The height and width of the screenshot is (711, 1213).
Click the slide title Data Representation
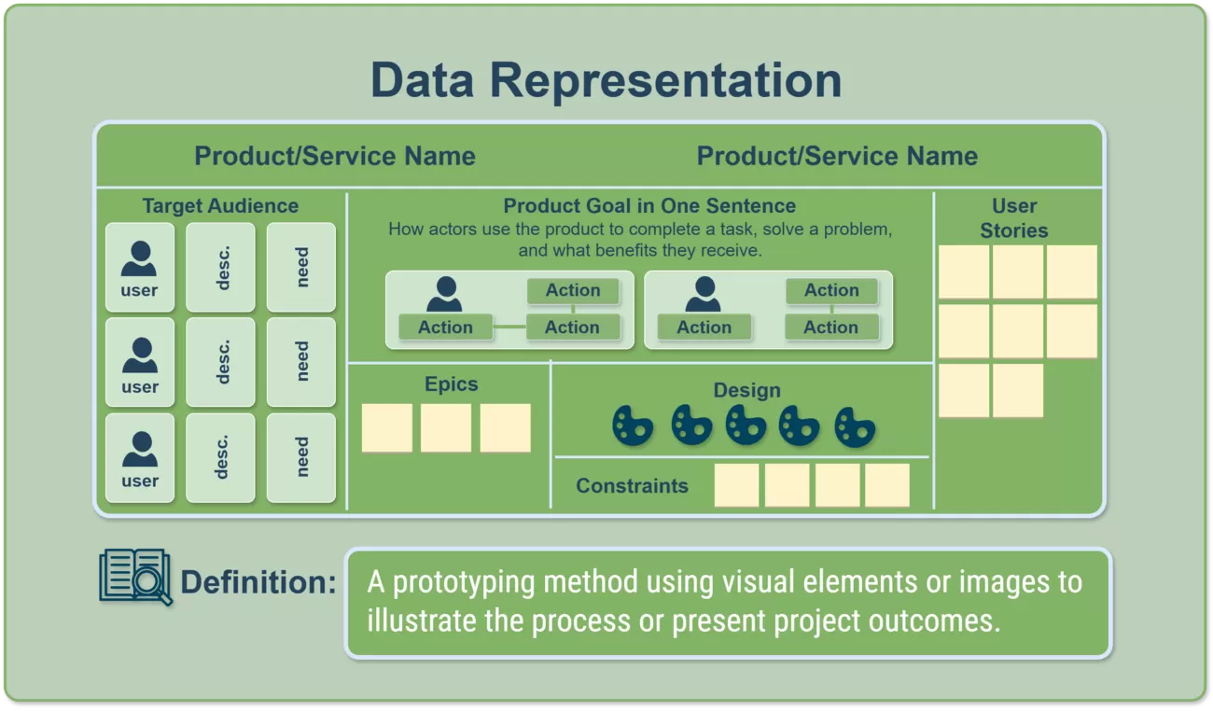(606, 80)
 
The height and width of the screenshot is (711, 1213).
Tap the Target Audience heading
(220, 206)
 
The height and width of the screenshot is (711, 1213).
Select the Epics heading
(451, 384)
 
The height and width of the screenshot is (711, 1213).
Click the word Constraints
(632, 485)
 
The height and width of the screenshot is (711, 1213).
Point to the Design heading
(746, 390)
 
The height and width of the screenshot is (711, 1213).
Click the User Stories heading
(1014, 218)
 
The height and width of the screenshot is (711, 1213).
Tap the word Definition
(258, 583)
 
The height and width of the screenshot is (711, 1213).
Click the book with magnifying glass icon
(135, 577)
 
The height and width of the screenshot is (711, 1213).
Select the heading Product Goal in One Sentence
(649, 206)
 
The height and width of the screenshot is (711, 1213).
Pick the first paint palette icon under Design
(634, 425)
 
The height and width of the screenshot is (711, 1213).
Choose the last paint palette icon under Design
(854, 426)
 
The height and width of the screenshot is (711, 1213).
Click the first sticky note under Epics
(386, 428)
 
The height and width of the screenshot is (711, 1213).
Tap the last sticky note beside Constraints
(886, 485)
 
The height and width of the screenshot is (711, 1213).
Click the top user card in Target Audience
(139, 267)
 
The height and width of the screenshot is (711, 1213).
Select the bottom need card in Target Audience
(301, 457)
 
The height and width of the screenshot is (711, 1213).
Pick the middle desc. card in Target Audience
(221, 362)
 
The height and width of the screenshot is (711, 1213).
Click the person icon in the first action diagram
(444, 293)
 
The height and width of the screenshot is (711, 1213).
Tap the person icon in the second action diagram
(703, 293)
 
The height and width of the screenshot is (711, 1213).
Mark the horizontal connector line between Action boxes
(509, 328)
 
